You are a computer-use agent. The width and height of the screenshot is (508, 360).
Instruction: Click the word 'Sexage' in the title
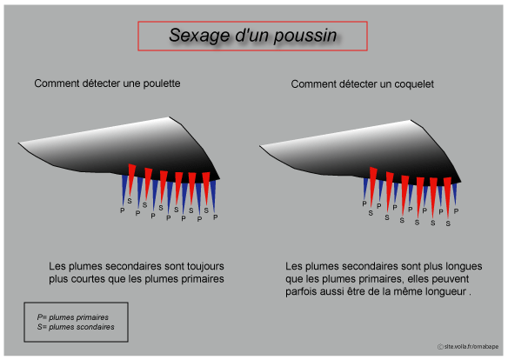click(x=199, y=36)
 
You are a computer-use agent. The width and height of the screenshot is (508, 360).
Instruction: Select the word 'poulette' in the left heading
click(x=162, y=83)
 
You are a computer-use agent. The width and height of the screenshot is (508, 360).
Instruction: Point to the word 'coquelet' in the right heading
click(x=414, y=84)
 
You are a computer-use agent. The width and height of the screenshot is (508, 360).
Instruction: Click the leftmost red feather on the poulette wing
click(x=131, y=178)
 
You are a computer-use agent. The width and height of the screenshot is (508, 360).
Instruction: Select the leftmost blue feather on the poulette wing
click(x=124, y=190)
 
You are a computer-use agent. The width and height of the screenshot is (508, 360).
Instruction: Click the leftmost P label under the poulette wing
click(x=122, y=210)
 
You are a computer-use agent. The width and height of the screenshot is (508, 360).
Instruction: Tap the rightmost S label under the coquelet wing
click(x=448, y=223)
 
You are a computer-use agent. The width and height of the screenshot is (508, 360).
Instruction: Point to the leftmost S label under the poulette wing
click(x=130, y=201)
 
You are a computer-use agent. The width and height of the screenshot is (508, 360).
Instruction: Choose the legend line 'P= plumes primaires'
click(x=72, y=317)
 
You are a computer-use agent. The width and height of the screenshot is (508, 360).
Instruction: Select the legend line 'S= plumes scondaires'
click(x=76, y=327)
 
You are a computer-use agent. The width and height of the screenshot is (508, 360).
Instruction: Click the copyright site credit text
click(x=468, y=346)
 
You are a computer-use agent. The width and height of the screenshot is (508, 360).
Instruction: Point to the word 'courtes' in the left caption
click(x=88, y=279)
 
